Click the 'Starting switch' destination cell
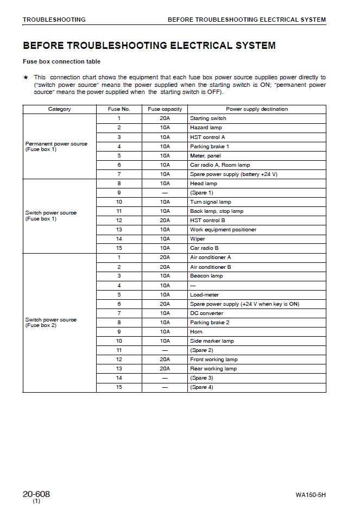[208, 118]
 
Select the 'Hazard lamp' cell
[206, 128]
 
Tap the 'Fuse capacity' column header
[165, 109]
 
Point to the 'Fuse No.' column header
[119, 109]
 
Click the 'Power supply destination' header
[257, 109]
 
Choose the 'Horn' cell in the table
[196, 332]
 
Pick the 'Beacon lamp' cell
[206, 276]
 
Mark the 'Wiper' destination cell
[198, 239]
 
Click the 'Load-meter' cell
[204, 295]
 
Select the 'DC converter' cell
[206, 313]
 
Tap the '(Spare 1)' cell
[201, 193]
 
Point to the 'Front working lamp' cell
[213, 360]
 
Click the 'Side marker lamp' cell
[212, 341]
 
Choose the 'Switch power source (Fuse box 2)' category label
[51, 323]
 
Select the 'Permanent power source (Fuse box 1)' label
[56, 147]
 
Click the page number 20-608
[36, 494]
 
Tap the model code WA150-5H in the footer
[311, 495]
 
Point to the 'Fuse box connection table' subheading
[61, 62]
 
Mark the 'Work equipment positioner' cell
[223, 230]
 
